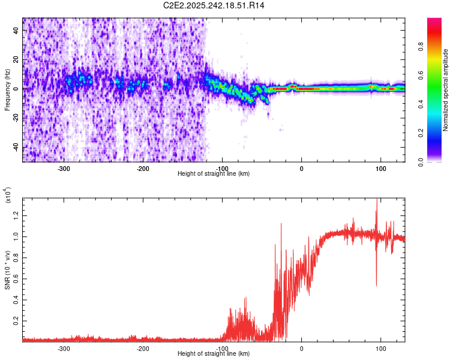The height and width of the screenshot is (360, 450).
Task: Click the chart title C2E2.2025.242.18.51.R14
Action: pos(214,5)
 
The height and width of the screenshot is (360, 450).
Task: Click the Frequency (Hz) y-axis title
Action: pos(7,90)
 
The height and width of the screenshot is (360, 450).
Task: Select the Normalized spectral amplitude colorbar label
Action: pos(446,90)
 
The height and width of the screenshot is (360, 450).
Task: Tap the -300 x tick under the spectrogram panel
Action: pos(64,168)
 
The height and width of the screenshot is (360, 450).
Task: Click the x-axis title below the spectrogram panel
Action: pos(214,174)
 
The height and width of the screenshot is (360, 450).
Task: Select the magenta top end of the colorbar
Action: pos(434,21)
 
